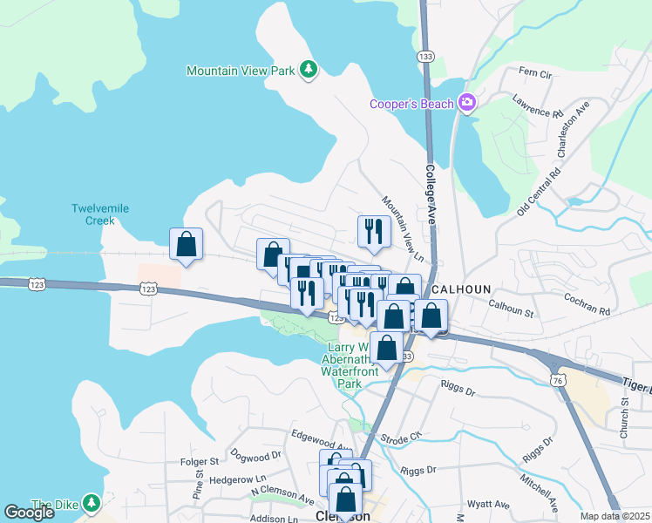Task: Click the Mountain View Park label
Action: pyautogui.click(x=241, y=70)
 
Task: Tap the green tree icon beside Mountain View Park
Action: pyautogui.click(x=308, y=69)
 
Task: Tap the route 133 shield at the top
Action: pyautogui.click(x=425, y=56)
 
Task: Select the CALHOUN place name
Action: pyautogui.click(x=462, y=289)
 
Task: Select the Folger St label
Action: pyautogui.click(x=200, y=460)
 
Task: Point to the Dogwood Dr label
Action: pyautogui.click(x=256, y=455)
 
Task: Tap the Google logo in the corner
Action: pyautogui.click(x=29, y=513)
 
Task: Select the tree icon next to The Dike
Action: pyautogui.click(x=92, y=503)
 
